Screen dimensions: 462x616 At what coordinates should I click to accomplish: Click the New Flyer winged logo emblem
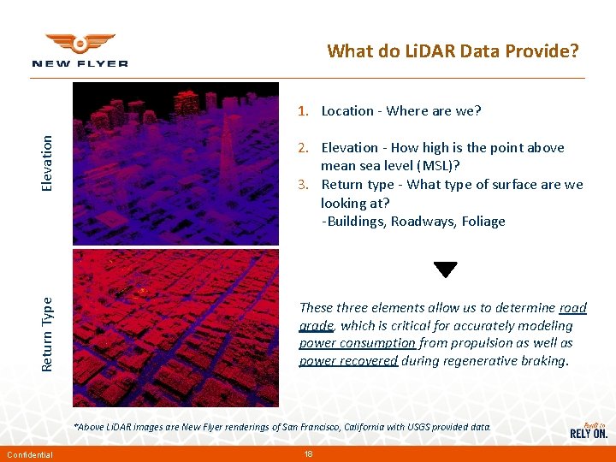(x=80, y=44)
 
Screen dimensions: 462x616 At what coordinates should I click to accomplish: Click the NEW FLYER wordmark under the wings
(x=80, y=63)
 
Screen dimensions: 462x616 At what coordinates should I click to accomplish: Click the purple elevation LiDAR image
(x=175, y=163)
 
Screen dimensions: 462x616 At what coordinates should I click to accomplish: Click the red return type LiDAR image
(x=175, y=328)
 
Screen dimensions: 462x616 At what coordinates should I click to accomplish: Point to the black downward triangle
(x=445, y=269)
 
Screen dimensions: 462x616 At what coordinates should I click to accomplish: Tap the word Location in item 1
(x=347, y=111)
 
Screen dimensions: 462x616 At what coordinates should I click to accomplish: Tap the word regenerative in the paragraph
(x=479, y=361)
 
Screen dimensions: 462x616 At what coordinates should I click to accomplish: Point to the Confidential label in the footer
(x=29, y=454)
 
